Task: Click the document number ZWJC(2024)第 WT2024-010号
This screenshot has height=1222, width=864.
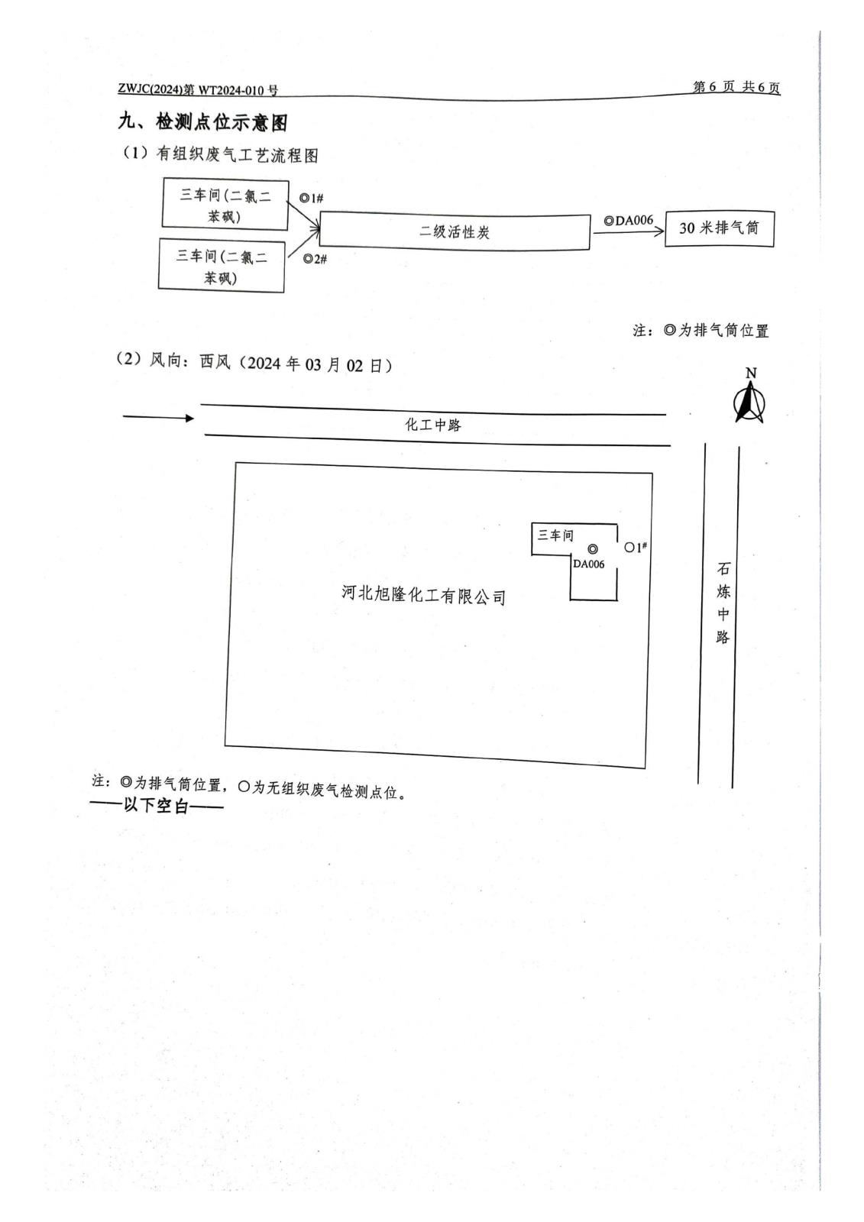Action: click(x=198, y=90)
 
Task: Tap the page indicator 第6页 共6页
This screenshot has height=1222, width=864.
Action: click(x=736, y=87)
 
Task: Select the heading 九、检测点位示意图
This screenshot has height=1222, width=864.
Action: click(x=202, y=122)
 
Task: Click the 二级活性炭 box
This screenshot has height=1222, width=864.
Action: click(x=455, y=231)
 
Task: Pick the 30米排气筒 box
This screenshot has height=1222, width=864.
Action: click(x=719, y=228)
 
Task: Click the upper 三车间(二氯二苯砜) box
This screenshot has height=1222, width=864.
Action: click(x=225, y=205)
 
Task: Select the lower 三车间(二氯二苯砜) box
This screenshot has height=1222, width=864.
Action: click(x=221, y=266)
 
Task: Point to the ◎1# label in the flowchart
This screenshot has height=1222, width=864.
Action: click(x=311, y=199)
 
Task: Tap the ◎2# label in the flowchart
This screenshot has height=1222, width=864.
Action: click(x=315, y=259)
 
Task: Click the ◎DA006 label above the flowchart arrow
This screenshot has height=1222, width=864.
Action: click(x=629, y=221)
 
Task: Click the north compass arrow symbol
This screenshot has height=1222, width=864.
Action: click(x=749, y=402)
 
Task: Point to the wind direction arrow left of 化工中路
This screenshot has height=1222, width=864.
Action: click(x=158, y=417)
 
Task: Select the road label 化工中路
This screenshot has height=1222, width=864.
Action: click(x=432, y=425)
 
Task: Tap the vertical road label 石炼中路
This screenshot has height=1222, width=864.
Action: click(x=723, y=603)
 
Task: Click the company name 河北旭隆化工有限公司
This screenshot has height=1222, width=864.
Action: click(x=424, y=595)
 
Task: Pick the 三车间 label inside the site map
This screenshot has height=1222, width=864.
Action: click(x=555, y=535)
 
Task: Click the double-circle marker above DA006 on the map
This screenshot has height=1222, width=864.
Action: click(x=593, y=549)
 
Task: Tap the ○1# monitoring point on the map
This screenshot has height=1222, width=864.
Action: click(x=636, y=547)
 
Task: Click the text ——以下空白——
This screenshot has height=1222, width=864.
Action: click(x=157, y=807)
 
